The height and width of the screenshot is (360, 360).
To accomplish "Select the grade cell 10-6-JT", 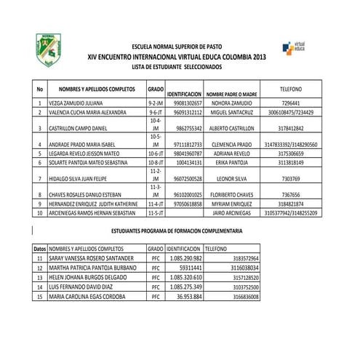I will coord(154,154).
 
